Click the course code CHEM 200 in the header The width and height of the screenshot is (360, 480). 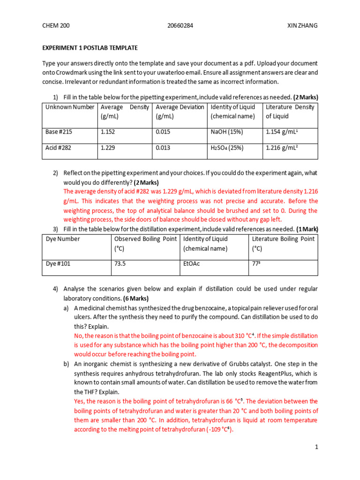(x=56, y=25)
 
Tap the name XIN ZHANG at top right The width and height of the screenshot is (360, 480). (x=302, y=25)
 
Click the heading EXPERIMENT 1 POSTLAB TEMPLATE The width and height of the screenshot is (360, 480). (x=90, y=48)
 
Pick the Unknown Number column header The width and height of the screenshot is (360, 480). (x=70, y=107)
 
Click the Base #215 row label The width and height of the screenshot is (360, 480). (x=59, y=132)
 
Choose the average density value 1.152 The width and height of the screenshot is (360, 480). (x=108, y=132)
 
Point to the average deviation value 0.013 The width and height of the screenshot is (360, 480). (x=163, y=148)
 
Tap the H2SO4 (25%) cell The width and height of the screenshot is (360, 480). (x=227, y=148)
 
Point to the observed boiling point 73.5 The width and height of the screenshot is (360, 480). (x=120, y=264)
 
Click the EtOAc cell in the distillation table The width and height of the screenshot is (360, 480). (x=191, y=264)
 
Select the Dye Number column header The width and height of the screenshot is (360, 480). (x=63, y=239)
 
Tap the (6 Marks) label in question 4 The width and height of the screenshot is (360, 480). (x=136, y=298)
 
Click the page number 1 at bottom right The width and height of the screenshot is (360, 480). (x=316, y=447)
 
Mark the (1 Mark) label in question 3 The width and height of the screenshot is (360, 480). (x=307, y=229)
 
